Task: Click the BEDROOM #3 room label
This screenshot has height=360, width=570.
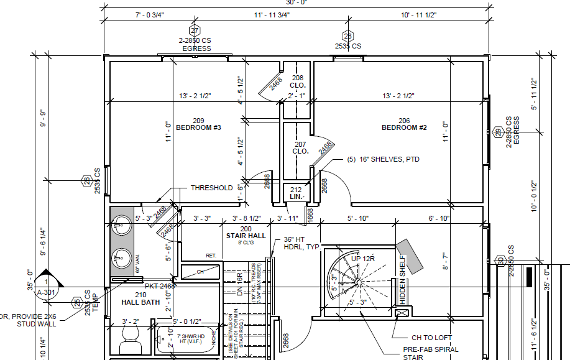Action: pyautogui.click(x=199, y=124)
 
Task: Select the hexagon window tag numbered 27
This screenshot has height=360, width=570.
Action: pyautogui.click(x=195, y=31)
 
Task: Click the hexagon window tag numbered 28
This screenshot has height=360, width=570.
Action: pyautogui.click(x=347, y=36)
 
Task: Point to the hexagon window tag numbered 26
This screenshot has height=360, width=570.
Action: pyautogui.click(x=86, y=181)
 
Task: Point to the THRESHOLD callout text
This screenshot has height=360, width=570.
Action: pyautogui.click(x=211, y=188)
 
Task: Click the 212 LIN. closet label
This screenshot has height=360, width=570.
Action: pyautogui.click(x=296, y=193)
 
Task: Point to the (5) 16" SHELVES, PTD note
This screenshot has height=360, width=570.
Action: pyautogui.click(x=384, y=160)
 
